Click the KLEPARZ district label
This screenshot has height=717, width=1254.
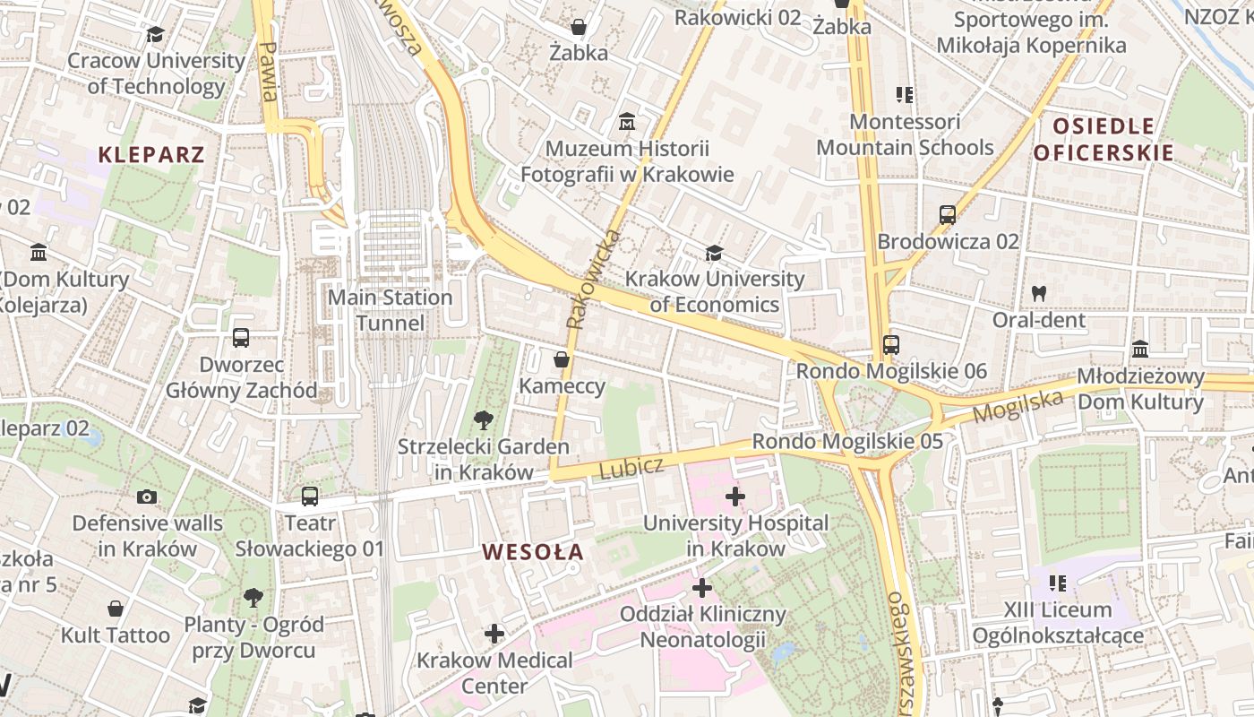click(x=151, y=154)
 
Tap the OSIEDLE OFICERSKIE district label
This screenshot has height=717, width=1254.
click(x=1104, y=139)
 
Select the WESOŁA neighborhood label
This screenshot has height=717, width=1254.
click(x=533, y=552)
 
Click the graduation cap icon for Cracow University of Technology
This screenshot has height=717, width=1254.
click(x=155, y=35)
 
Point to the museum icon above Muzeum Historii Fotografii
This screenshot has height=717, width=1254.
click(x=627, y=121)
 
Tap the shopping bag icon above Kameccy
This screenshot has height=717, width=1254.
click(x=562, y=360)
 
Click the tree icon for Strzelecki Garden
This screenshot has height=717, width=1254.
click(x=483, y=419)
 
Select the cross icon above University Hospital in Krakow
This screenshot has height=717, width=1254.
click(x=735, y=497)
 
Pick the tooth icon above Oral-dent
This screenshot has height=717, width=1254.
click(x=1039, y=292)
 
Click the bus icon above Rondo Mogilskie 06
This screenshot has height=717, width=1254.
click(x=890, y=344)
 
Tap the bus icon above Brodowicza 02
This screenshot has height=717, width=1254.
click(x=948, y=215)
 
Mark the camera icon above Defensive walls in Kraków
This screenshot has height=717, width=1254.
click(x=147, y=497)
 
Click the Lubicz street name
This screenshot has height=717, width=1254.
click(x=631, y=467)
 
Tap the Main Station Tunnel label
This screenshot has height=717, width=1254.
click(x=391, y=310)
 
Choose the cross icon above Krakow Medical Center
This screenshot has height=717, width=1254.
click(x=494, y=635)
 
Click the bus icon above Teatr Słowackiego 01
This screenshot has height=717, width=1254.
click(x=310, y=496)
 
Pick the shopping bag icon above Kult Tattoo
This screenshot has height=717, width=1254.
click(x=116, y=609)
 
